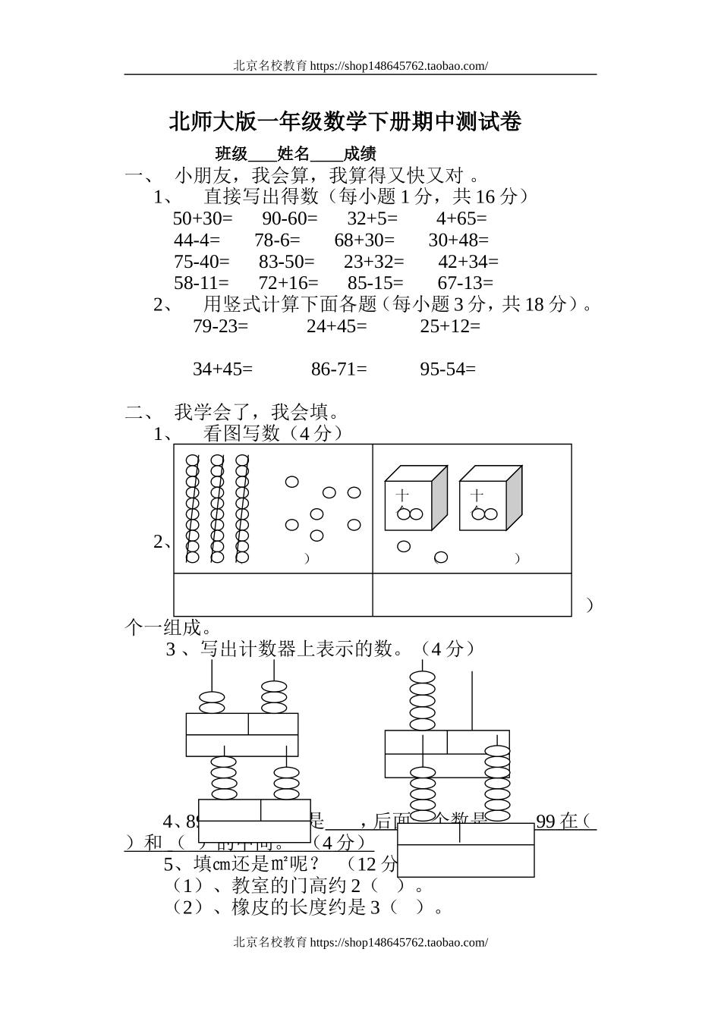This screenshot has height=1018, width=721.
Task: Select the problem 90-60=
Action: (290, 218)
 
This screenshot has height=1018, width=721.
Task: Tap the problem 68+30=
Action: (364, 240)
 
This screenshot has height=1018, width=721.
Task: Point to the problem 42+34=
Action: (468, 262)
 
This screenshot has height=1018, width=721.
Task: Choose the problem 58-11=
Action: (201, 283)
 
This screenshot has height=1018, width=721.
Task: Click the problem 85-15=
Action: (376, 283)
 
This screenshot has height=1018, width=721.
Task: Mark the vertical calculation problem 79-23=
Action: (220, 326)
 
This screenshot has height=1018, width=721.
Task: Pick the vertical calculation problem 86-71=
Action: (338, 369)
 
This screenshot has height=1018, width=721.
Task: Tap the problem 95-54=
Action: (448, 369)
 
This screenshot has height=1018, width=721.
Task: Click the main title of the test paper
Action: (345, 121)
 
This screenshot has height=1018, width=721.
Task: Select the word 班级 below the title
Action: (231, 154)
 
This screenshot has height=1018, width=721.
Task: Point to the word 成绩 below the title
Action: (360, 154)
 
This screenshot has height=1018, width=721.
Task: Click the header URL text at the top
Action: (360, 66)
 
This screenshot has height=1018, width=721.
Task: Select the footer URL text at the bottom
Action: (360, 942)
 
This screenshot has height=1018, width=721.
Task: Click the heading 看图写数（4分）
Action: (273, 433)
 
